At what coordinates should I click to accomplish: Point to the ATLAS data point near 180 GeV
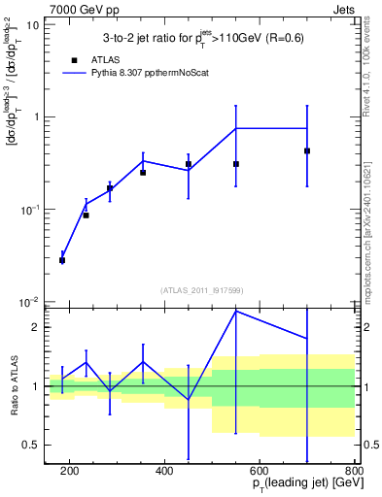click(x=62, y=260)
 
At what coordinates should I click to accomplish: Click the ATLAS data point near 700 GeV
click(x=307, y=150)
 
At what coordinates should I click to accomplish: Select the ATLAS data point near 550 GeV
click(x=236, y=164)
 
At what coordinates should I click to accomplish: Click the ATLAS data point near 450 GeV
click(x=189, y=164)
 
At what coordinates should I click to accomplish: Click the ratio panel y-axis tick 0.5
click(x=33, y=446)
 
